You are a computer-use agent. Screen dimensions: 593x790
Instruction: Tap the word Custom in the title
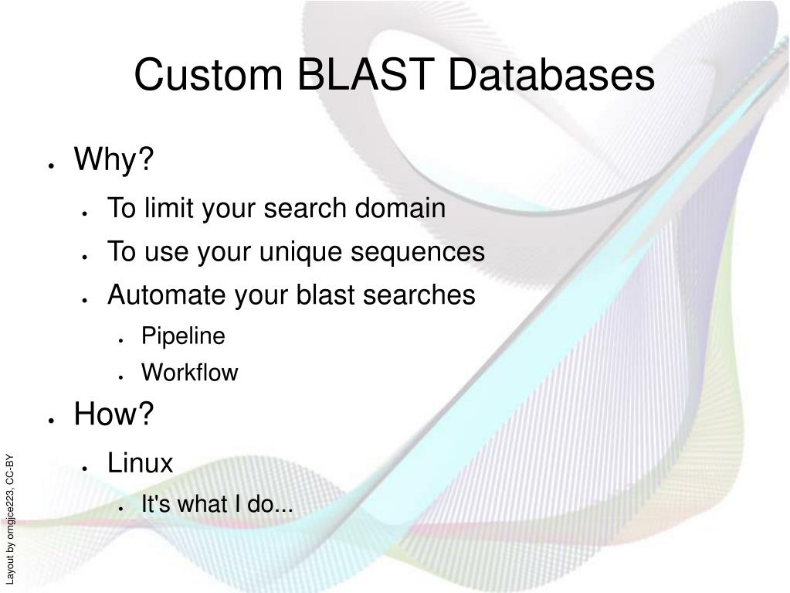click(x=206, y=76)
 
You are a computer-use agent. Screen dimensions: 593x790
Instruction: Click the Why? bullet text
click(x=114, y=161)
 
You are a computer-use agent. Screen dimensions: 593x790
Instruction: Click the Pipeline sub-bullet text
click(x=183, y=336)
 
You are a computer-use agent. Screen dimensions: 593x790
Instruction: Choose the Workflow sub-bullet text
click(x=189, y=373)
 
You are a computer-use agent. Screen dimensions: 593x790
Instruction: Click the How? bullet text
click(x=114, y=415)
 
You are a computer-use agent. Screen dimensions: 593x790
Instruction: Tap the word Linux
click(x=140, y=463)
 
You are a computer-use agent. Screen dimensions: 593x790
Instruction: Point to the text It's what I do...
click(x=217, y=505)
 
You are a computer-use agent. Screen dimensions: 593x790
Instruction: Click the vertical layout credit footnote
click(x=10, y=519)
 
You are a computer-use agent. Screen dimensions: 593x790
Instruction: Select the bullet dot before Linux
click(x=85, y=468)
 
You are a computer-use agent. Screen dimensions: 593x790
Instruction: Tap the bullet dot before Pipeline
click(x=121, y=340)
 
